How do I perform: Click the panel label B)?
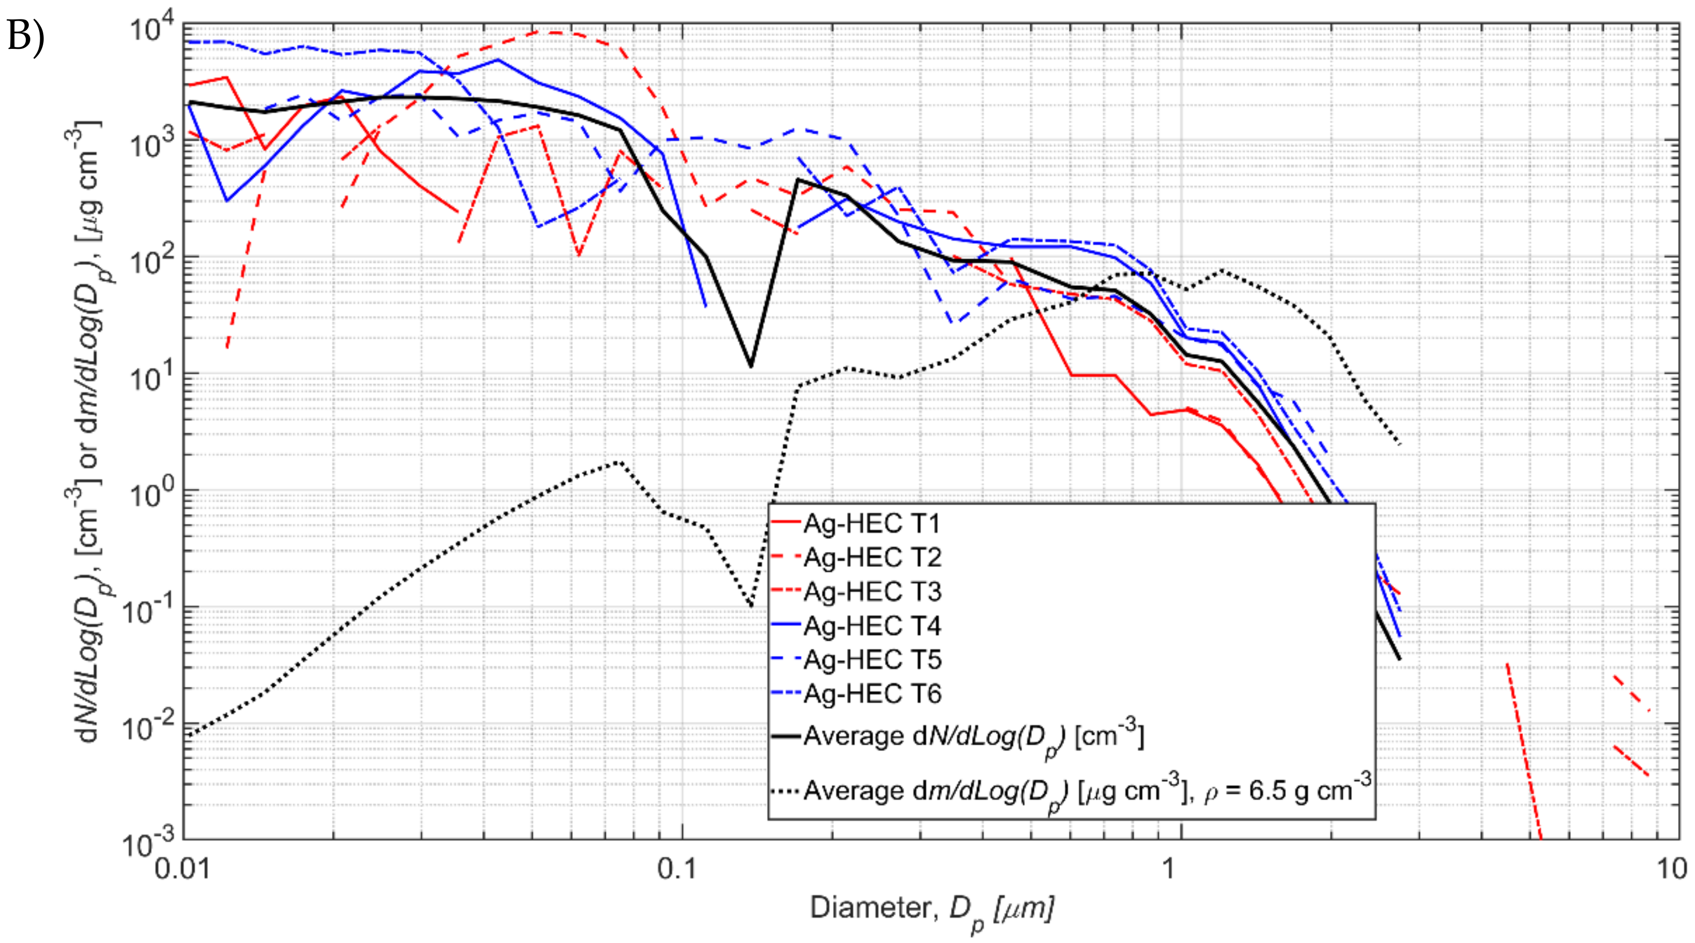tap(25, 36)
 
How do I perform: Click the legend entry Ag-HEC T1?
tap(872, 524)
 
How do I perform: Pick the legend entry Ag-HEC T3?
tap(872, 592)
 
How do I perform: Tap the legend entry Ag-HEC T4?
tap(872, 625)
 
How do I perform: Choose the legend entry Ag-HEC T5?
tap(872, 660)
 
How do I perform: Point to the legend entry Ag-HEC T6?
tap(872, 693)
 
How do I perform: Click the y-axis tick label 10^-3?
tap(148, 842)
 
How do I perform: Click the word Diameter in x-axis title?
tap(869, 908)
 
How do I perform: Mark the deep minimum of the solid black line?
tap(750, 366)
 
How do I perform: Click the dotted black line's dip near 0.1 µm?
tap(750, 604)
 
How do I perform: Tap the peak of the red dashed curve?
tap(556, 31)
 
